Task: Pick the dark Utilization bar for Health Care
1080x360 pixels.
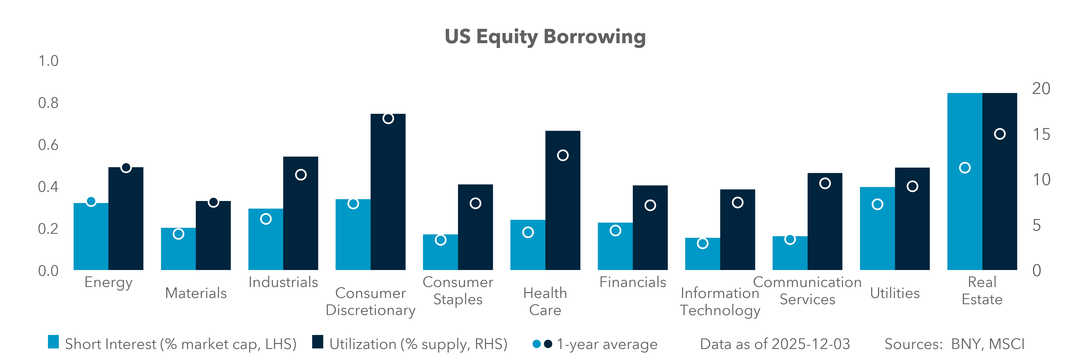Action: (563, 201)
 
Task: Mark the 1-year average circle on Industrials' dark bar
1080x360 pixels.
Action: (301, 175)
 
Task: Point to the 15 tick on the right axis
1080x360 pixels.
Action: (1041, 135)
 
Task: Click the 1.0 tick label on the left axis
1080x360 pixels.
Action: (48, 61)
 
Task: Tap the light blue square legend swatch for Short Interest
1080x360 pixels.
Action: (53, 342)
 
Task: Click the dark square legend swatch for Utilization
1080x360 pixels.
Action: (318, 342)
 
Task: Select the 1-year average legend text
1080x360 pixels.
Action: (607, 344)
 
